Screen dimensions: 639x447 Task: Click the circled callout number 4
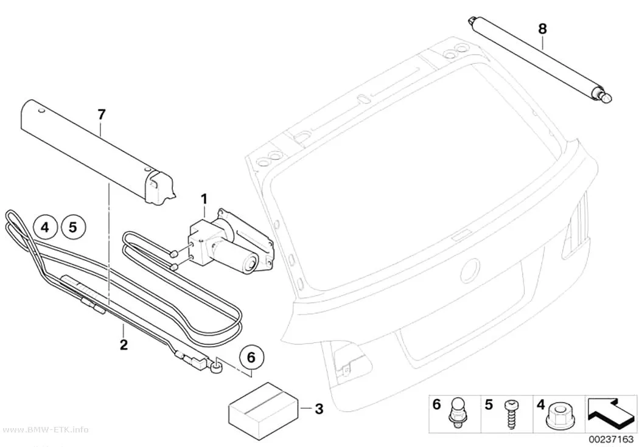45,227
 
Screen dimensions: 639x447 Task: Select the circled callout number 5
73,227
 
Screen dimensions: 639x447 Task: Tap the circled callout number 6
251,357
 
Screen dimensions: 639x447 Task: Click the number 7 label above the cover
102,115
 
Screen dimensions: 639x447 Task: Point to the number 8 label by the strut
542,29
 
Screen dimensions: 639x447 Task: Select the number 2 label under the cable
124,344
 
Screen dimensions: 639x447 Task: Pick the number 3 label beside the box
319,408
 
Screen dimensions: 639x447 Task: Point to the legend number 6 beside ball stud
436,404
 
